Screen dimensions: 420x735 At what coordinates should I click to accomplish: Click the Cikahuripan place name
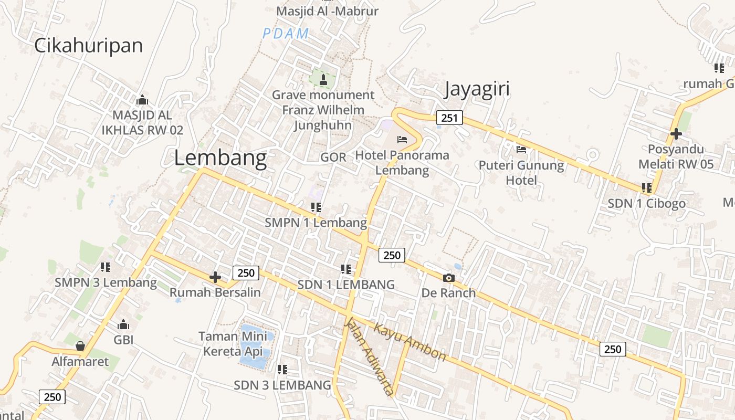(x=88, y=46)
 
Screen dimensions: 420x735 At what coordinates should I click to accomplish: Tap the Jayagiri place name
(x=477, y=89)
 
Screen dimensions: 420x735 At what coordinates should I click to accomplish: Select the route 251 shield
(x=449, y=118)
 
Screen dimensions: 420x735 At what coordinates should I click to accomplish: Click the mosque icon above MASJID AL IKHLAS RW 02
(x=142, y=100)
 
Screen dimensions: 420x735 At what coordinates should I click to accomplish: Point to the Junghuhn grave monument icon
(x=323, y=79)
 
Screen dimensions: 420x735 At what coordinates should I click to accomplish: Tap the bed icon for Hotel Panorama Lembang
(x=402, y=140)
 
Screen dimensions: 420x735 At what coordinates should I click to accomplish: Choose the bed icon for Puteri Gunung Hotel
(x=521, y=150)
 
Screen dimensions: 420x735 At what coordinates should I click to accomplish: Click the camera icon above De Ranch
(x=449, y=278)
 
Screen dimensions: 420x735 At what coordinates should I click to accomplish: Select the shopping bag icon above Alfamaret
(x=80, y=346)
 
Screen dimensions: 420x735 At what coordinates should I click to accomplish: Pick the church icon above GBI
(x=123, y=324)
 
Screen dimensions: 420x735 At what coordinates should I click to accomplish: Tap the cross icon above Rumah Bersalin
(x=215, y=277)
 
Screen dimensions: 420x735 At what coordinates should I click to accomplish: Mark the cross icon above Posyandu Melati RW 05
(x=676, y=134)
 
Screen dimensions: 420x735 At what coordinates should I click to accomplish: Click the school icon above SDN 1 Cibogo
(x=646, y=187)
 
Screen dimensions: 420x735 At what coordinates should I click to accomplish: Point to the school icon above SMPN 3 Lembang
(x=106, y=267)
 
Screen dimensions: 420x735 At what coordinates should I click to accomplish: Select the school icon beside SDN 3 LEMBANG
(x=282, y=370)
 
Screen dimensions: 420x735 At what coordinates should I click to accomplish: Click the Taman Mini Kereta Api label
(x=233, y=343)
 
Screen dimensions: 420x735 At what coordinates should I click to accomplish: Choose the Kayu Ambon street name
(x=409, y=342)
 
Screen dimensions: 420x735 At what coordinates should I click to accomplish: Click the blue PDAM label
(x=286, y=34)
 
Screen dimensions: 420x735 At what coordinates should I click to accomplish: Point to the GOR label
(x=333, y=157)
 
